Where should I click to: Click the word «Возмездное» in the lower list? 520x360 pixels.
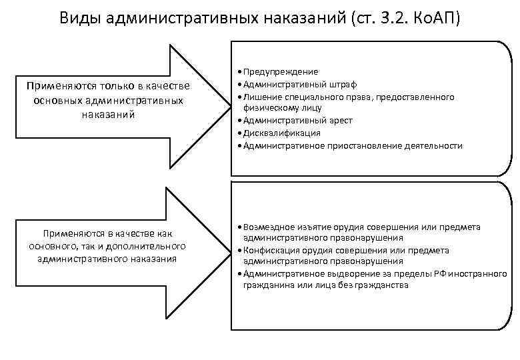click(265, 227)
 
